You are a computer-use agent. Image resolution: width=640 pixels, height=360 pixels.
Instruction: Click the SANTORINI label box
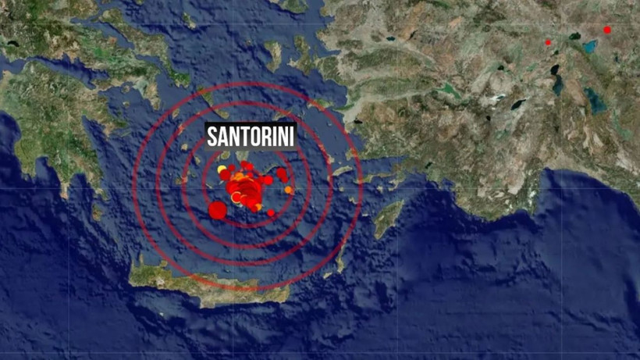[x=251, y=137]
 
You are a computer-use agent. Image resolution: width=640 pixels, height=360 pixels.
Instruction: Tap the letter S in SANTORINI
[x=212, y=137]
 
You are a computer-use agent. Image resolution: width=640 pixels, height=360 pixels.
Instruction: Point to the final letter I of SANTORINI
[x=291, y=137]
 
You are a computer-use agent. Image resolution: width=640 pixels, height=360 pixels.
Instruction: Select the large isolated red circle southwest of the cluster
[x=218, y=209]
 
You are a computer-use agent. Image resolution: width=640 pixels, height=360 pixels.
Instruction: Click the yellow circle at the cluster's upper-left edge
[x=222, y=169]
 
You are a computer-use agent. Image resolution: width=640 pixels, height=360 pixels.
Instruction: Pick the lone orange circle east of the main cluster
[x=289, y=190]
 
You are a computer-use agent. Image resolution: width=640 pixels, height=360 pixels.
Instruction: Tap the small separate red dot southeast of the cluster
[x=271, y=212]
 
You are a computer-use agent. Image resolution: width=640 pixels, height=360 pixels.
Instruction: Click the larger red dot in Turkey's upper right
[x=607, y=30]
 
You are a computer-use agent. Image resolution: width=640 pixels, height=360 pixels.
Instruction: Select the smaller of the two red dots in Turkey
[x=548, y=42]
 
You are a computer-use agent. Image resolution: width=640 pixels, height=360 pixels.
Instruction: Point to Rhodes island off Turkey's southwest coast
[x=388, y=218]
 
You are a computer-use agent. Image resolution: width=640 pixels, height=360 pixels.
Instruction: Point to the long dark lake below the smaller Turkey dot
[x=555, y=78]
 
